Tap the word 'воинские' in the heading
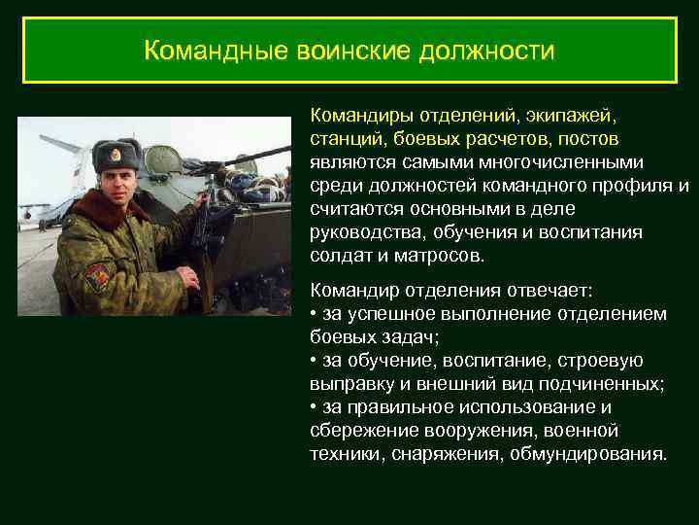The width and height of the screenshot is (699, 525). tap(340, 50)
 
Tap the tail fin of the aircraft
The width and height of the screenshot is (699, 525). tap(54, 146)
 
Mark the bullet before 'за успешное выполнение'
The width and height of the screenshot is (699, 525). tap(314, 314)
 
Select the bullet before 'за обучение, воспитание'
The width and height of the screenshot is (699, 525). tap(314, 361)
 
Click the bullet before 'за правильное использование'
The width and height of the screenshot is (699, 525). tap(314, 407)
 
